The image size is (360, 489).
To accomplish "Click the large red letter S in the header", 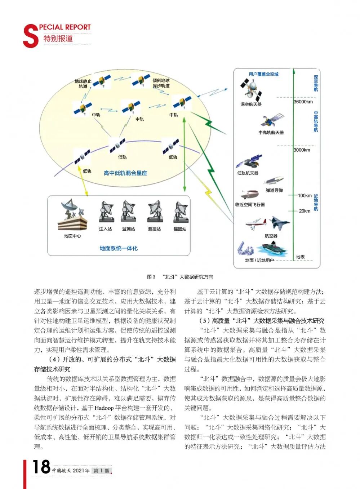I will click(x=30, y=36).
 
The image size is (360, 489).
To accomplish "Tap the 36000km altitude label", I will click(x=303, y=102).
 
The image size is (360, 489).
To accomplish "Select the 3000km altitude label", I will click(x=302, y=150).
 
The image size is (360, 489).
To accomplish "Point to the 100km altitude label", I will click(x=305, y=196).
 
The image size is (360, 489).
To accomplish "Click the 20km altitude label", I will click(x=305, y=211).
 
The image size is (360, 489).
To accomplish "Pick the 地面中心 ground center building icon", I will click(x=72, y=216).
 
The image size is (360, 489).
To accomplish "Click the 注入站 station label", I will click(x=105, y=229).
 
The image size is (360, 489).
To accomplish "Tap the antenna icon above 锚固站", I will click(x=180, y=212).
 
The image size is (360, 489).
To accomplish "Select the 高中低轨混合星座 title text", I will click(x=125, y=173).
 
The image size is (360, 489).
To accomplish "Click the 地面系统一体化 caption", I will click(x=119, y=248).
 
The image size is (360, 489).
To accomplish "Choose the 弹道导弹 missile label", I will click(x=274, y=190).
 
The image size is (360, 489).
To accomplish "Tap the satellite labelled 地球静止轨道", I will click(x=102, y=81).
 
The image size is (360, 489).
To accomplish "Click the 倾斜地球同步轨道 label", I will click(x=161, y=83).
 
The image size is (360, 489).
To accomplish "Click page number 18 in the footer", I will click(x=41, y=467).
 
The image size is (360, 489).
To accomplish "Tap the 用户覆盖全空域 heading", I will click(x=263, y=74).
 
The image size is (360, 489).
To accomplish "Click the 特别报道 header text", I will click(x=58, y=39).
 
